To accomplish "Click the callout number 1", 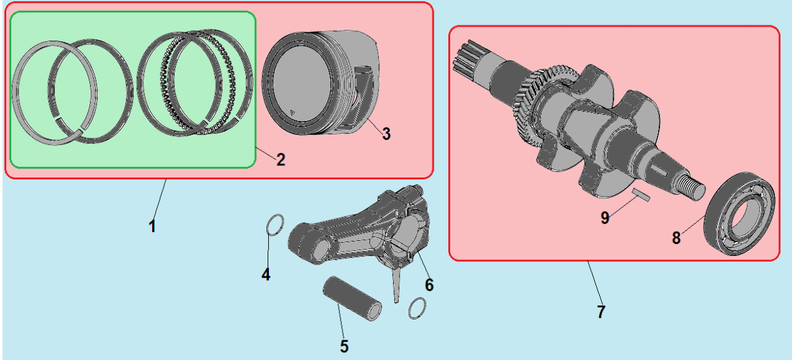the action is [152, 226].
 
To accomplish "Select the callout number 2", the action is [281, 160].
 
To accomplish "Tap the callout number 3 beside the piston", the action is [386, 134].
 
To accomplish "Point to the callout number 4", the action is [266, 274].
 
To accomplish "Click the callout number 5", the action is [344, 346].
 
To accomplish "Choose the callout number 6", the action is [429, 285].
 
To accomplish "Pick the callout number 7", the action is [601, 312].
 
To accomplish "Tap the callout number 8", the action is [677, 238].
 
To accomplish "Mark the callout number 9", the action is [605, 217].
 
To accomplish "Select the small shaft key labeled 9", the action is [640, 195].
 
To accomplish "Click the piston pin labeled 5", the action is [352, 298].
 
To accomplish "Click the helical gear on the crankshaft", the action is [530, 103].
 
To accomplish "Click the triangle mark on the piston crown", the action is [292, 113].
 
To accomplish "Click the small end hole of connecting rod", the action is [321, 248].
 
